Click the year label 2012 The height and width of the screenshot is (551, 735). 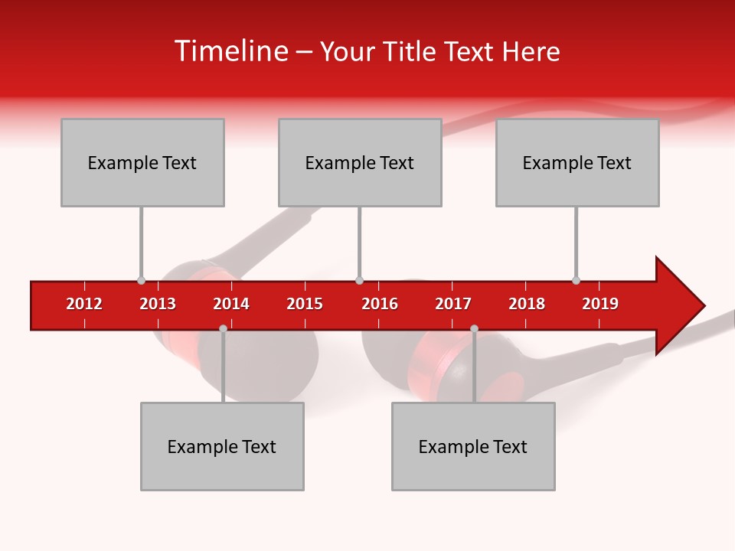coord(84,304)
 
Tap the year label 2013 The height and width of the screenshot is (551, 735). coord(158,304)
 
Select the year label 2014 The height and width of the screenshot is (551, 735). coord(231,304)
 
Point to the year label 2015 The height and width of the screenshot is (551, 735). coord(305,304)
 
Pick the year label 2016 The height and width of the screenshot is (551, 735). coord(380,304)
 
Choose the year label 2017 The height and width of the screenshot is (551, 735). coord(453,304)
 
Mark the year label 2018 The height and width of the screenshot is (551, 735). coord(527,304)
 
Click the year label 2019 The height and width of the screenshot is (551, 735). coord(600,304)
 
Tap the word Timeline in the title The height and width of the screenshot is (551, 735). coord(230,51)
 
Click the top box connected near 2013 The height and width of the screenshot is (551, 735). coord(142,162)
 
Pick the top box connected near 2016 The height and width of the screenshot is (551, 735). coord(360,162)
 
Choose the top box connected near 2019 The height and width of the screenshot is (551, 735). coord(577,162)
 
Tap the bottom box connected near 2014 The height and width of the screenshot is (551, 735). coord(222,446)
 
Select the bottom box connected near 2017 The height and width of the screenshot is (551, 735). coord(473,446)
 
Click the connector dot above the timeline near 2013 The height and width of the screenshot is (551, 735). coord(141,280)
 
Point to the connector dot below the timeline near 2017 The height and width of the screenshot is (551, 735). coord(474,328)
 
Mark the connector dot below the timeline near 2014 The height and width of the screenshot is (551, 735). coord(223,328)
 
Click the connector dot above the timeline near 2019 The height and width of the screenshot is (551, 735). coord(576,280)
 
